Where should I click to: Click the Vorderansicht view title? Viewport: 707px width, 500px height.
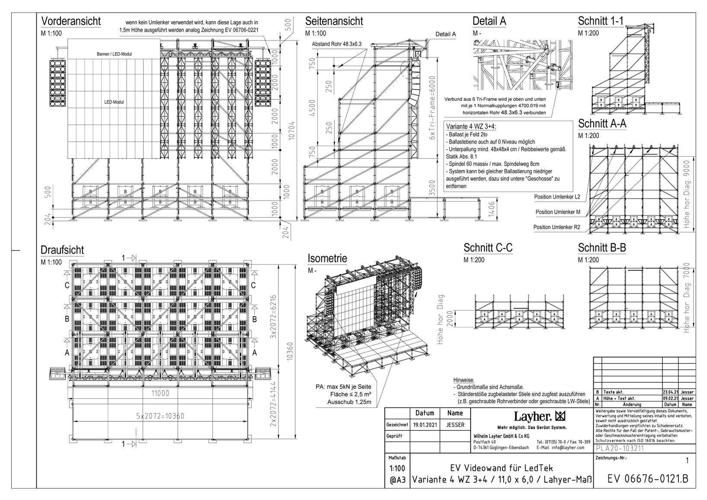click(70, 21)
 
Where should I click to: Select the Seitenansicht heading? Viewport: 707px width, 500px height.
click(334, 21)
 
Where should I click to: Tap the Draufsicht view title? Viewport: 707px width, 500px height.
click(62, 250)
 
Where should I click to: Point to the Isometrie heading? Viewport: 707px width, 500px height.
click(327, 259)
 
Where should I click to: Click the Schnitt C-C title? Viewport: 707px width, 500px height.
click(488, 248)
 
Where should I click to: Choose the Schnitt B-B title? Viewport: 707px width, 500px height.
click(602, 248)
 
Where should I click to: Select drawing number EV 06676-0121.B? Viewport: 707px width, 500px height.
click(648, 479)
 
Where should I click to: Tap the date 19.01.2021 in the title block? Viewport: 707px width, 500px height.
click(425, 425)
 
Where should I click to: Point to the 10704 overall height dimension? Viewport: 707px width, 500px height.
click(292, 129)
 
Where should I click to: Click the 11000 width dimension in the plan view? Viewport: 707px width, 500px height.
click(160, 393)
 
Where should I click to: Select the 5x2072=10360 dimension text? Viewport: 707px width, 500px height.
click(160, 416)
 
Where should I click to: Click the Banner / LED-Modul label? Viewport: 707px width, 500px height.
click(115, 54)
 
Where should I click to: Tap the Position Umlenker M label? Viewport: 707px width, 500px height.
click(558, 212)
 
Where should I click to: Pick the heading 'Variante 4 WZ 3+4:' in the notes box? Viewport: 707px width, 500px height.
click(470, 126)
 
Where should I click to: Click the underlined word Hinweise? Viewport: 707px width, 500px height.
click(464, 380)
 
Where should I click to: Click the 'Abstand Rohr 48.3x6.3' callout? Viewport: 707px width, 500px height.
click(336, 44)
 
